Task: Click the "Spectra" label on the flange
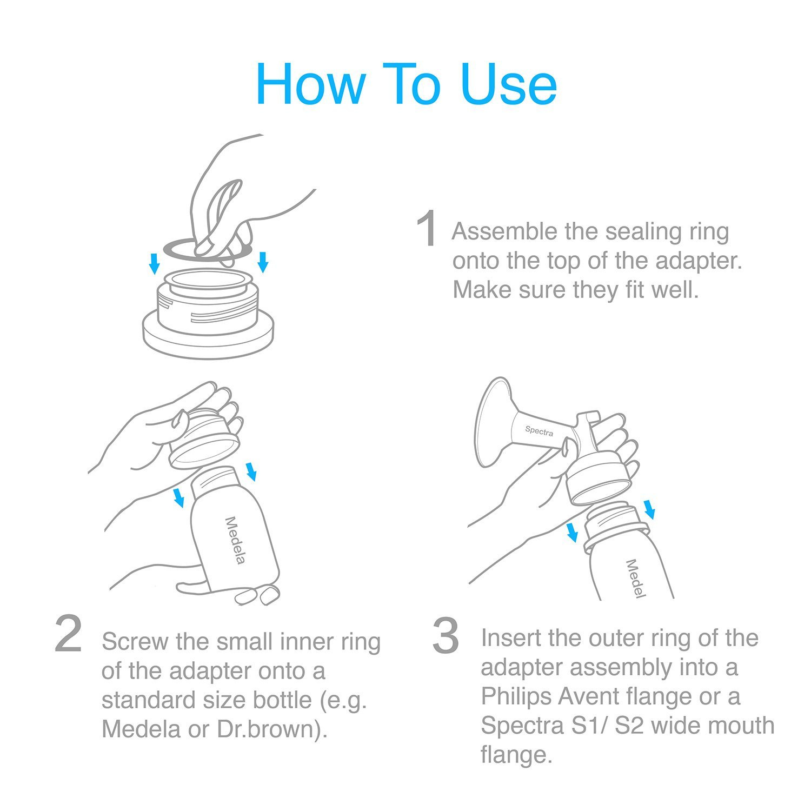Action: pyautogui.click(x=539, y=431)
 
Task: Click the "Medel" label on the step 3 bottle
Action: pyautogui.click(x=635, y=579)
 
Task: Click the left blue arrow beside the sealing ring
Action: pyautogui.click(x=155, y=263)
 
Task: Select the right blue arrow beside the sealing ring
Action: pyautogui.click(x=263, y=262)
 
